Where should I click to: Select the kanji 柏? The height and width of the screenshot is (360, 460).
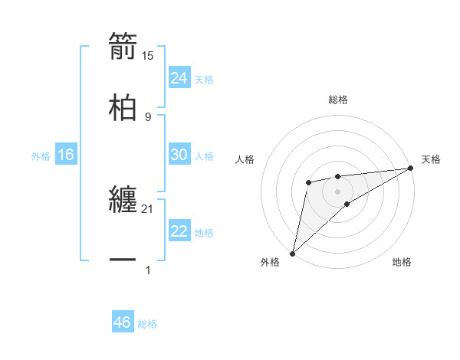pos(123,106)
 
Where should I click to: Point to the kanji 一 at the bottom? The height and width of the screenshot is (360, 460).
pos(123,260)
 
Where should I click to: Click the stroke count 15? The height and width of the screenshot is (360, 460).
pos(148,55)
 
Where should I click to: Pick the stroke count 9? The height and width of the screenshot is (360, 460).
pos(148,116)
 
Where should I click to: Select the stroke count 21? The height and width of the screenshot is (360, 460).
pos(148,208)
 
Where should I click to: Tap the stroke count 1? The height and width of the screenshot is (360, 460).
pos(148,270)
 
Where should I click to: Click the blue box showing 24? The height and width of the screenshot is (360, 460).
pos(179,78)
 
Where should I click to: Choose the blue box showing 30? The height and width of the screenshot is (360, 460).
pos(179,155)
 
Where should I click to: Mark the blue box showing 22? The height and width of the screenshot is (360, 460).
pos(179,231)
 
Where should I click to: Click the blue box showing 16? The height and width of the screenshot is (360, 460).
pos(66,155)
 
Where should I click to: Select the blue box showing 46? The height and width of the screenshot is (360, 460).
pos(123,322)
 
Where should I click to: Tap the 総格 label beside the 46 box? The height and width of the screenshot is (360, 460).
pos(147,324)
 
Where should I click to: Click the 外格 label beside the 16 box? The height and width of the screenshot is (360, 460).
pos(41,156)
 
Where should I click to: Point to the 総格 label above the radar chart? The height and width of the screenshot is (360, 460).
pos(338,100)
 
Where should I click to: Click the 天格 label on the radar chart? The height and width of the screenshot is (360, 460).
pos(432,159)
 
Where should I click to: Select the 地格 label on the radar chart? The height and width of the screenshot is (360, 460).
pos(402,263)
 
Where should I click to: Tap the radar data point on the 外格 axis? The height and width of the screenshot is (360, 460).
pos(292,253)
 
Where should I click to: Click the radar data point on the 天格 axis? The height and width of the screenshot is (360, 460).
pos(411,169)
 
